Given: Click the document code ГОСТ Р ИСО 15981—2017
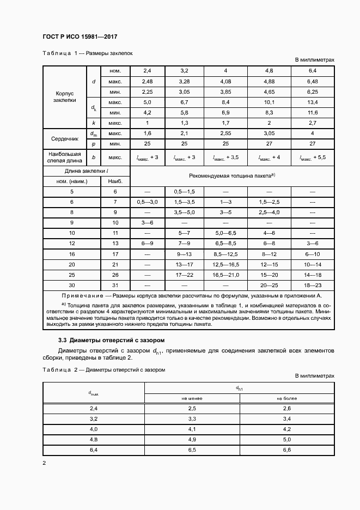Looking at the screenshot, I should tap(80, 37).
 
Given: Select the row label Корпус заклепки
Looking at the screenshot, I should tap(65, 96).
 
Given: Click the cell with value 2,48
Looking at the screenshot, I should tap(148, 81).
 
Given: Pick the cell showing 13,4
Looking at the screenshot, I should tap(313, 102).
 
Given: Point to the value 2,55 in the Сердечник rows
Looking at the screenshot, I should tap(225, 133).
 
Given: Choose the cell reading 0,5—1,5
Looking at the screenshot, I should tap(184, 192).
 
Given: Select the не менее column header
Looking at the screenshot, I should tap(192, 398).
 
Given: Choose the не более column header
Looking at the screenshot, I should tap(287, 398).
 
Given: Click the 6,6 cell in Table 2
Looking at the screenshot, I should tap(287, 450).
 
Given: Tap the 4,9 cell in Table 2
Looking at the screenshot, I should tap(192, 439).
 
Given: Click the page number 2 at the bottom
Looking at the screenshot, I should tap(45, 463).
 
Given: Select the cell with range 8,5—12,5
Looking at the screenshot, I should tap(225, 253).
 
